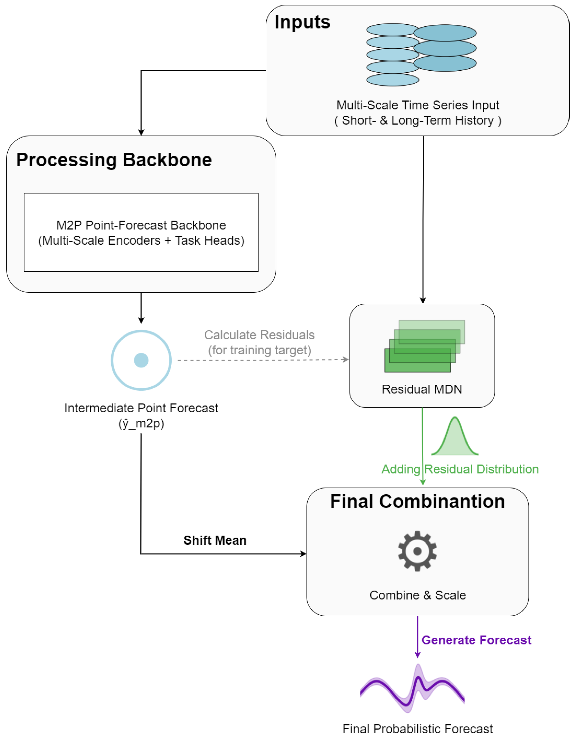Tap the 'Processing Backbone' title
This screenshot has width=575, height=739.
click(x=114, y=160)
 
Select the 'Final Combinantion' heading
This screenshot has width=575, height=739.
click(x=417, y=501)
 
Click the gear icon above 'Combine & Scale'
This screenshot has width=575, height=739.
click(x=417, y=551)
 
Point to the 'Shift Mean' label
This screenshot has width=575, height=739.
click(x=215, y=540)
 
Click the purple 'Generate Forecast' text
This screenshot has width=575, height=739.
click(x=476, y=640)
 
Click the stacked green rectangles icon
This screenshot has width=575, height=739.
click(x=425, y=346)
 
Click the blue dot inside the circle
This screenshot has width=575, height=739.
click(x=141, y=360)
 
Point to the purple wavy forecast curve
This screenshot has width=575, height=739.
click(x=412, y=689)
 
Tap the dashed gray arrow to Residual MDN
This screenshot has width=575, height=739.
click(x=263, y=360)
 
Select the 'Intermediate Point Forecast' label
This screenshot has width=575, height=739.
click(x=141, y=408)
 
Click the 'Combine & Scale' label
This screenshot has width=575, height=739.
click(x=418, y=595)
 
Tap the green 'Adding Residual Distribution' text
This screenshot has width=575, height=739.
click(x=460, y=469)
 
